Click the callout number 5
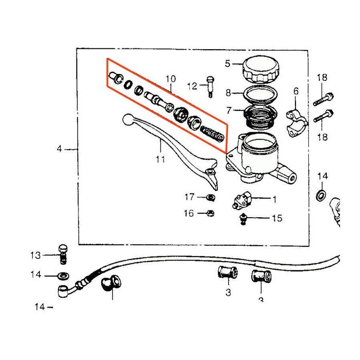[x=228, y=63]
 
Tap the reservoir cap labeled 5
[x=260, y=69]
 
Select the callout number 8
[x=228, y=93]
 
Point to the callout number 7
[x=228, y=110]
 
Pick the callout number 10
[x=171, y=78]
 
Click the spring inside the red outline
[x=212, y=133]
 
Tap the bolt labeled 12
[x=210, y=86]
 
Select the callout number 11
[x=160, y=160]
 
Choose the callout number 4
[x=60, y=149]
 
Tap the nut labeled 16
[x=211, y=213]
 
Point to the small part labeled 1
[x=241, y=200]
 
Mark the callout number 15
[x=277, y=218]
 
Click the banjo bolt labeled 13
[x=62, y=254]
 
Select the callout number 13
[x=35, y=255]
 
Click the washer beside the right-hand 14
[x=320, y=196]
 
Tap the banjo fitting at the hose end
[x=63, y=291]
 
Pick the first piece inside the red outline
[x=115, y=78]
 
